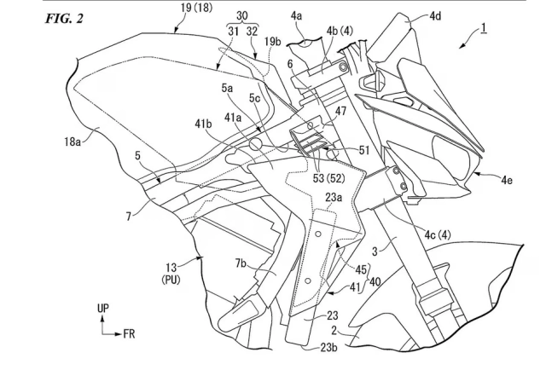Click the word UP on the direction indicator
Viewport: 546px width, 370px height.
pyautogui.click(x=102, y=308)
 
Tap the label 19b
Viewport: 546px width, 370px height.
pyautogui.click(x=273, y=40)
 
